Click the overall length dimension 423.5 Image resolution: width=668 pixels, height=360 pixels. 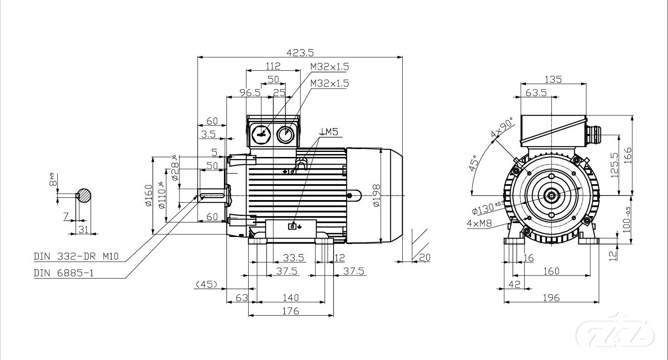pyautogui.click(x=300, y=52)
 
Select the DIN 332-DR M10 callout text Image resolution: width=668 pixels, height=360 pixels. pyautogui.click(x=76, y=256)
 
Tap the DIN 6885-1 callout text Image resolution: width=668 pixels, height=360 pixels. pyautogui.click(x=64, y=273)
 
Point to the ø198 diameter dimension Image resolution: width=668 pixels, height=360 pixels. pyautogui.click(x=375, y=195)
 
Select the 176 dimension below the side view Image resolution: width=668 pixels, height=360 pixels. pyautogui.click(x=290, y=311)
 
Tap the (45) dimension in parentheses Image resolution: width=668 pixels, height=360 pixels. pyautogui.click(x=206, y=285)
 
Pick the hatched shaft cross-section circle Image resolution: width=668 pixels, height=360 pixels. pyautogui.click(x=84, y=196)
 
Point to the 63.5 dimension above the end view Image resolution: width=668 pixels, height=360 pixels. pyautogui.click(x=536, y=93)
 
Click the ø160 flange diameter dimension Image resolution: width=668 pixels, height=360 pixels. pyautogui.click(x=148, y=196)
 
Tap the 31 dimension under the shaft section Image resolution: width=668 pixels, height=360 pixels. pyautogui.click(x=84, y=229)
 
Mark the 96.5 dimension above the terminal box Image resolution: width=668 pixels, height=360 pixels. pyautogui.click(x=250, y=93)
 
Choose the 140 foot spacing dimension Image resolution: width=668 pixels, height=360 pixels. pyautogui.click(x=290, y=297)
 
